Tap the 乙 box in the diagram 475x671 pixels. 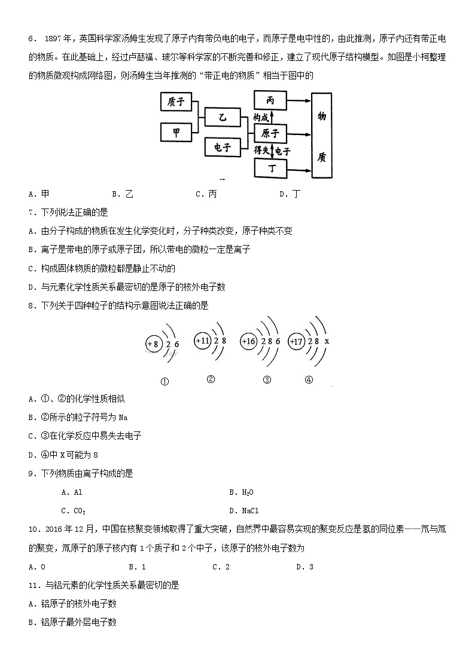pos(222,118)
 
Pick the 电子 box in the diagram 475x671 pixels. pos(222,147)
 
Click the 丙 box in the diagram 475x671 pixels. pos(270,101)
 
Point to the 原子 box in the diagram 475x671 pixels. pos(270,133)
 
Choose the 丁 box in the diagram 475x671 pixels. pos(270,168)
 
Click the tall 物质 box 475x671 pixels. pos(321,135)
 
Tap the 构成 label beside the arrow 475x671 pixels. pos(260,117)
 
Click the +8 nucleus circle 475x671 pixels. pos(154,344)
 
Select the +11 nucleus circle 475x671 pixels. pos(202,341)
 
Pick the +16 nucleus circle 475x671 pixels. pos(248,341)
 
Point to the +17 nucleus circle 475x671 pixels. pos(296,341)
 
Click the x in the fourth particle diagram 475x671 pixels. pos(327,341)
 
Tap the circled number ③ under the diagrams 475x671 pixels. pos(267,379)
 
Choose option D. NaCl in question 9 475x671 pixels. pos(243,511)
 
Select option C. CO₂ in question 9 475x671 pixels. pos(74,511)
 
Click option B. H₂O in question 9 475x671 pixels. pos(241,492)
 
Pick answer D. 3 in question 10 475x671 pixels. pos(305,567)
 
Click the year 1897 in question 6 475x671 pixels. pos(53,39)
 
